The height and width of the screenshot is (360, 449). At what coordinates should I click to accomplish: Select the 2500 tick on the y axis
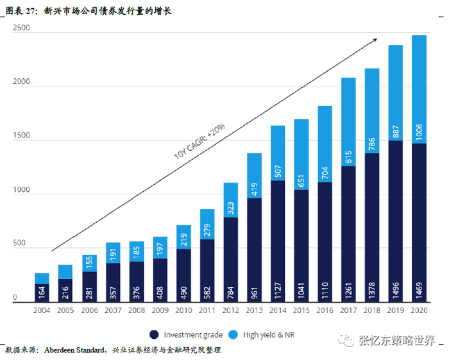click(x=21, y=29)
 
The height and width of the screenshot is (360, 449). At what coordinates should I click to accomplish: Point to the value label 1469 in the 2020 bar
click(x=419, y=288)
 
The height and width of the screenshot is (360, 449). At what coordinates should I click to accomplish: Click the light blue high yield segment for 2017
click(x=349, y=122)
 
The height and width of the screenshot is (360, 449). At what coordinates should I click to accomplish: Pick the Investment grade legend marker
click(x=154, y=334)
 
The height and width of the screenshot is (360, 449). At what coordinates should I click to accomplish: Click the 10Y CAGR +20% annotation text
click(x=199, y=142)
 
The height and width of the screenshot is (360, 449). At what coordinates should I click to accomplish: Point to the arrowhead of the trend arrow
click(x=375, y=40)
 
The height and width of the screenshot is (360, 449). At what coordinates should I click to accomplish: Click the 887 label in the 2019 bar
click(x=396, y=131)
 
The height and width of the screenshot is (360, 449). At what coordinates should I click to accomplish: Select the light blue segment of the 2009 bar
click(x=160, y=248)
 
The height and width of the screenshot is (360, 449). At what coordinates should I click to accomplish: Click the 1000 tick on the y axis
click(x=21, y=191)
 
